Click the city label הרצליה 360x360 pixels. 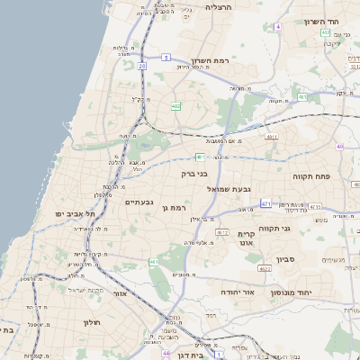click(x=219, y=6)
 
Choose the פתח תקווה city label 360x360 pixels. click(x=311, y=177)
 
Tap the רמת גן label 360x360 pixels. click(x=173, y=208)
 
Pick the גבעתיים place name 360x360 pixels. click(x=138, y=202)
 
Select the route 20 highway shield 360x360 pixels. click(x=142, y=67)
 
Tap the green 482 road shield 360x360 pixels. click(x=175, y=107)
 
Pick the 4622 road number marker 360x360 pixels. click(x=265, y=268)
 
